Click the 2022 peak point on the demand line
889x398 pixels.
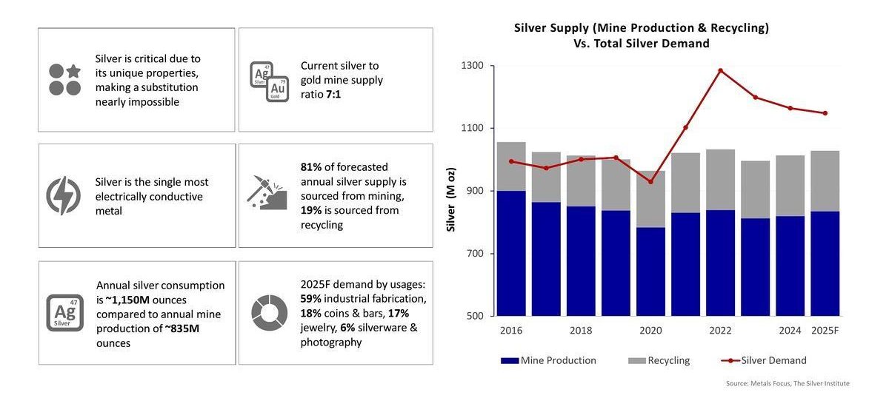tap(720, 70)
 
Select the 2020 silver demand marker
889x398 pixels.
tap(650, 182)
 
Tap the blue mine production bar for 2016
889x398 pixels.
tap(511, 253)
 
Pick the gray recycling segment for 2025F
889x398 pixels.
tap(825, 181)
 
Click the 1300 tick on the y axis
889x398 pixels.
tap(472, 66)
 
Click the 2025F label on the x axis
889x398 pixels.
tap(825, 330)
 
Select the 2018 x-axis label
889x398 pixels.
tap(581, 330)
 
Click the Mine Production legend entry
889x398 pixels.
tap(548, 361)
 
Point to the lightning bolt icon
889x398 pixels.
tap(64, 195)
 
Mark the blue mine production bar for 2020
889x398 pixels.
tap(650, 271)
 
